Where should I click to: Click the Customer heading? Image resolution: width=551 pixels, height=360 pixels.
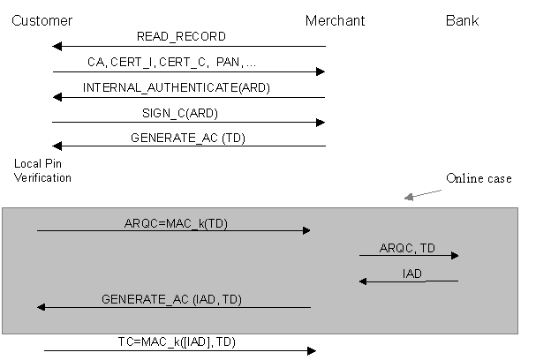pos(42,20)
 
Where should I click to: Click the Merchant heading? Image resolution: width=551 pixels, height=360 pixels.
pos(335,20)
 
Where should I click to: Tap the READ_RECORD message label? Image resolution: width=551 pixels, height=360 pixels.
pos(181,37)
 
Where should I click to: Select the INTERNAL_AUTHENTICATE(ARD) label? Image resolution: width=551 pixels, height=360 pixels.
pos(177,88)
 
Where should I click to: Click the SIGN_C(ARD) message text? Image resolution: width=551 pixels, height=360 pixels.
pos(179,113)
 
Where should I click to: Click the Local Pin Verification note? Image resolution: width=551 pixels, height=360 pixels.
pos(42,171)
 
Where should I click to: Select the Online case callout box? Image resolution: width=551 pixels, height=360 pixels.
pos(478,178)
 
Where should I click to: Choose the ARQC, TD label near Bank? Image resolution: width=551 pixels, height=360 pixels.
pos(408,247)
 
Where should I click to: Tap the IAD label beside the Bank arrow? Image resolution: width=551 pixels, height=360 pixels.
pos(412,274)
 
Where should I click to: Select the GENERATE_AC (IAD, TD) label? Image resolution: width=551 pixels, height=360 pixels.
pos(171,299)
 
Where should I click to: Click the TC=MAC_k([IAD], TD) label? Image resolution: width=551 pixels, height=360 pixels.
pos(177,341)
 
